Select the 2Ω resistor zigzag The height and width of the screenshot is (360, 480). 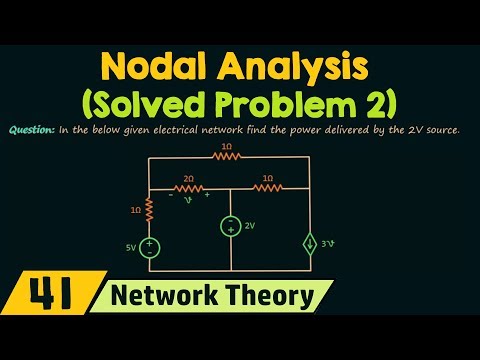tap(188, 187)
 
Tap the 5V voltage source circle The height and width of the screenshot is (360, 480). tap(149, 246)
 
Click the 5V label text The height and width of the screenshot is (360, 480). tap(130, 246)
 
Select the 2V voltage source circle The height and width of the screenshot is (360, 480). tap(231, 226)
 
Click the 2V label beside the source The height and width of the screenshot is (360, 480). tap(250, 226)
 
